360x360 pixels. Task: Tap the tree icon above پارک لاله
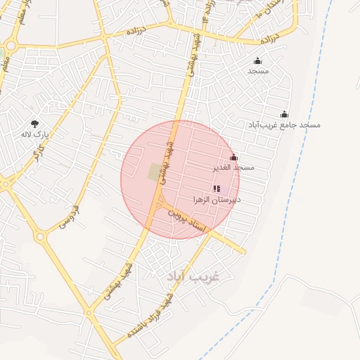tap(34, 124)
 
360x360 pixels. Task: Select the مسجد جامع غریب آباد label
tap(284, 124)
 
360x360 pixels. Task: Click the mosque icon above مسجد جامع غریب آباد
tap(284, 115)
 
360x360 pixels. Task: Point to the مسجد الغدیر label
tap(233, 168)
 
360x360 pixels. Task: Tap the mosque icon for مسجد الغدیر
tap(233, 157)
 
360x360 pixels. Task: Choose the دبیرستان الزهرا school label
tap(217, 200)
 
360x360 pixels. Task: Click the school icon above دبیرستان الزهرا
tap(216, 188)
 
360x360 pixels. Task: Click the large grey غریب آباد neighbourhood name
tap(193, 276)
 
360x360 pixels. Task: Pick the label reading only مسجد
tap(258, 71)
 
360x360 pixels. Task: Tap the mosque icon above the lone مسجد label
tap(258, 61)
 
